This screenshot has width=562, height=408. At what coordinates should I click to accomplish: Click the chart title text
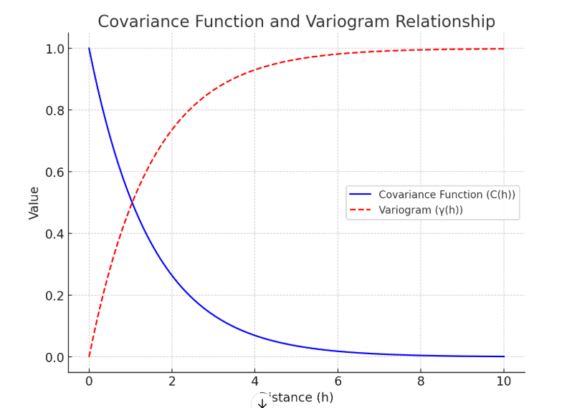(x=296, y=21)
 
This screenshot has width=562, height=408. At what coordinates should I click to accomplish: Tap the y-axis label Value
(x=34, y=203)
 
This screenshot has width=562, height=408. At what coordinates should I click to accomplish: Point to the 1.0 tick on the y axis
(x=54, y=49)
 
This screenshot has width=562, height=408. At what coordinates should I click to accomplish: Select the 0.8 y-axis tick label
(x=54, y=110)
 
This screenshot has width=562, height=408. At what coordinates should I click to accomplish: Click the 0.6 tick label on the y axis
(x=54, y=172)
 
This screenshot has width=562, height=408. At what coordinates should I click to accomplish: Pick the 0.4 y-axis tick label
(x=54, y=233)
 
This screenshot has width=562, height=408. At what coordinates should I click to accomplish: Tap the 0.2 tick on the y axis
(x=54, y=296)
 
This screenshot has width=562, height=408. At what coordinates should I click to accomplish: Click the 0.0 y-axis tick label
(x=54, y=357)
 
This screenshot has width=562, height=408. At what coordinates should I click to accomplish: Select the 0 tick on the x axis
(x=89, y=382)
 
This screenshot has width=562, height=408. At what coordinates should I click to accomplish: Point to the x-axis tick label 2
(x=172, y=382)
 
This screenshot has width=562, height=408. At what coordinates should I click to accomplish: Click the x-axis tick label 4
(x=255, y=382)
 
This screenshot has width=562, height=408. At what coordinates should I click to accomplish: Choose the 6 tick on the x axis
(x=338, y=382)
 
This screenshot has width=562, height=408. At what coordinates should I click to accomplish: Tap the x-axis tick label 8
(x=421, y=382)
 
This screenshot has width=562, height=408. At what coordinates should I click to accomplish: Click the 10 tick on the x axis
(x=504, y=382)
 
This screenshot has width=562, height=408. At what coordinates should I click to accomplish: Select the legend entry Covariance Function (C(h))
(x=447, y=195)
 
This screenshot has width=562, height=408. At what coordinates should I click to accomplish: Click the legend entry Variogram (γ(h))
(x=421, y=210)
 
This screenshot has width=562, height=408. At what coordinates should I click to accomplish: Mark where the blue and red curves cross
(x=132, y=203)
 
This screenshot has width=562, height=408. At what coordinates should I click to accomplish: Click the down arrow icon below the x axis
(x=262, y=403)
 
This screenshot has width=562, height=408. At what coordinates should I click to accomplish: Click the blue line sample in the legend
(x=361, y=195)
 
